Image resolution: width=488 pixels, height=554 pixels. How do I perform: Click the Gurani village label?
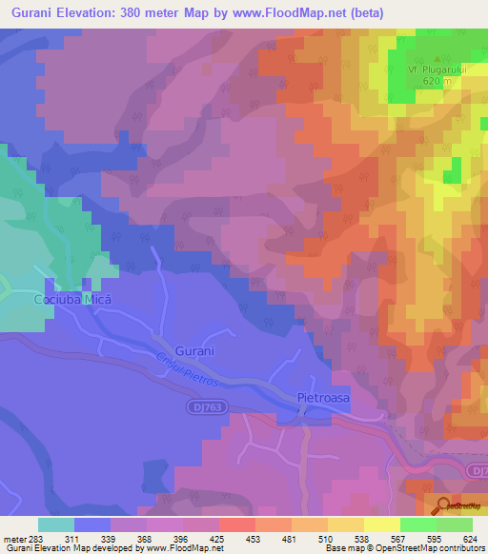(x=196, y=351)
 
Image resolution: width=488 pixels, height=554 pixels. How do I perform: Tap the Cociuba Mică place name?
(x=73, y=299)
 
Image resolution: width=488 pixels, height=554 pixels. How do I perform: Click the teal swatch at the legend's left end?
(x=55, y=524)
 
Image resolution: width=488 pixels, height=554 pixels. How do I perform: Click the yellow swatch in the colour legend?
(x=381, y=524)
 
